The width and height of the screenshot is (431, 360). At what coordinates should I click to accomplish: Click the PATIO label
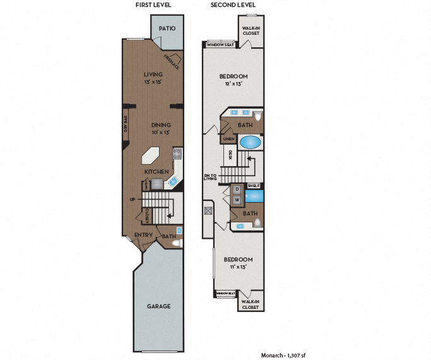click(x=167, y=28)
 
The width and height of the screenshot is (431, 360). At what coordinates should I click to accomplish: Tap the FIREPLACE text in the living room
click(x=170, y=61)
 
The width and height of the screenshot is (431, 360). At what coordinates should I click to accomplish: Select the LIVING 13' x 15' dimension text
click(x=153, y=82)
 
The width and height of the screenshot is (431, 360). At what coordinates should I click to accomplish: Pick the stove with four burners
click(x=177, y=153)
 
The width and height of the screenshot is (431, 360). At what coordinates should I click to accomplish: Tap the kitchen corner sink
click(x=173, y=181)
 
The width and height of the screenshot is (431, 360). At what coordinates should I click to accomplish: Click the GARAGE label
click(x=158, y=306)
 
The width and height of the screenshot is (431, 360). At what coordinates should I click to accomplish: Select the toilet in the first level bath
click(x=177, y=242)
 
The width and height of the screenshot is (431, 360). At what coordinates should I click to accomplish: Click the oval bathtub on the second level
click(x=250, y=141)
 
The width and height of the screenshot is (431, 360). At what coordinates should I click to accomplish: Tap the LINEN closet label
click(x=228, y=138)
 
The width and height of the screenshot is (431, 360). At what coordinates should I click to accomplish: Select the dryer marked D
click(x=237, y=189)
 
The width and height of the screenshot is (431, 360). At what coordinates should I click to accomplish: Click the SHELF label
click(x=254, y=185)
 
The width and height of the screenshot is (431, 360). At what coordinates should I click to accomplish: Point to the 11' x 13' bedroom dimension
click(x=239, y=267)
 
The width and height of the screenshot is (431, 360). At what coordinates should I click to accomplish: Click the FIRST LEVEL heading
click(x=153, y=5)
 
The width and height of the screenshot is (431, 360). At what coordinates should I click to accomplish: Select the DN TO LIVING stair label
click(x=210, y=176)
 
